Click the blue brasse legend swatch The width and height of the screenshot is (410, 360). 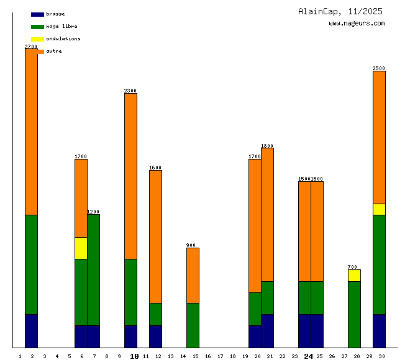(x=37, y=14)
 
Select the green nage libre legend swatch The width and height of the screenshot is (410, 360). (x=37, y=27)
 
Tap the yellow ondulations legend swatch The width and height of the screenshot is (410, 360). (x=37, y=39)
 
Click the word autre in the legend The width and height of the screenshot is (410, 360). (x=54, y=51)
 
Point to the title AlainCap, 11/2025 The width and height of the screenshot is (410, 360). (x=340, y=11)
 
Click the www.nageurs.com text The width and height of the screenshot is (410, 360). (x=357, y=24)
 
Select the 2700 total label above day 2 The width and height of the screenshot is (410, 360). (x=31, y=47)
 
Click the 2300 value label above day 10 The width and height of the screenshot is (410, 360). (x=130, y=91)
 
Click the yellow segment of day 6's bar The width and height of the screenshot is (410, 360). (x=81, y=248)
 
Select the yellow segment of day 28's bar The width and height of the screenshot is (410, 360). (x=354, y=276)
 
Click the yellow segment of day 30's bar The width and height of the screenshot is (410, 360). (x=379, y=209)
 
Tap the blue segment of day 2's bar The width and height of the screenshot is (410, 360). (x=31, y=331)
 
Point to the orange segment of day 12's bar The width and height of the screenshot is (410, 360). (x=155, y=236)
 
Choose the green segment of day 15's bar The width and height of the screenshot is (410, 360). (x=193, y=325)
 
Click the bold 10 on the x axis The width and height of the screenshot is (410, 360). (x=134, y=356)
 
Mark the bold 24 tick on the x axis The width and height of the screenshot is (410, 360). (x=308, y=356)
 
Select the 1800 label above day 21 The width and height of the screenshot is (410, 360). (x=267, y=146)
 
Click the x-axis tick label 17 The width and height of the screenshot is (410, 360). (x=220, y=356)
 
